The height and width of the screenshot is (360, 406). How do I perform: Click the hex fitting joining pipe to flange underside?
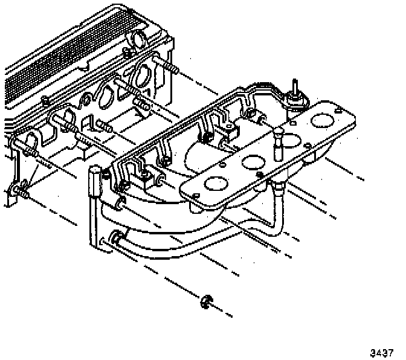(x=279, y=189)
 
